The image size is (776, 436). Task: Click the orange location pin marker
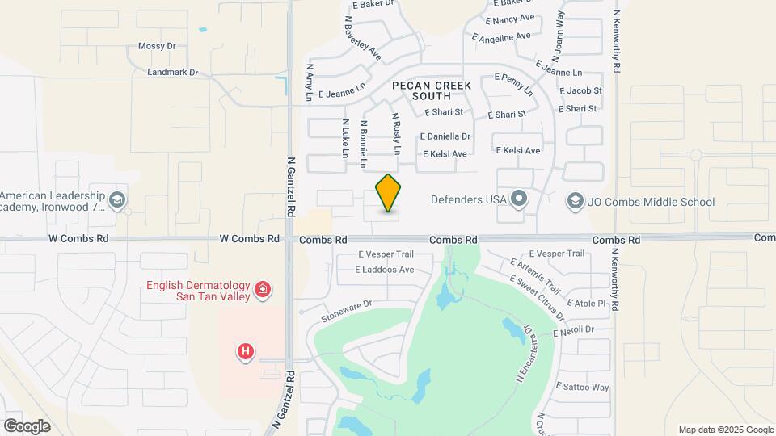point(389,194)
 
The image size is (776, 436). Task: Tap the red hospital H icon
point(246,351)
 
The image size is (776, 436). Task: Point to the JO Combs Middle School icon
point(576,200)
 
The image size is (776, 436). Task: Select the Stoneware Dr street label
point(345,311)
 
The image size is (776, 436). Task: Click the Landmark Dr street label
point(173,73)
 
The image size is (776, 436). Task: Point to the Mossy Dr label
point(157,47)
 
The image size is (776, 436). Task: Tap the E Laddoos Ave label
point(386,270)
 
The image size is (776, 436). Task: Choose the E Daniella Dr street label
point(445,136)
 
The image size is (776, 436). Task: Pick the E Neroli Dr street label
point(574,329)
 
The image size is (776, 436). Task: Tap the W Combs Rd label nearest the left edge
point(78,239)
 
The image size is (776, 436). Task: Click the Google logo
point(27,426)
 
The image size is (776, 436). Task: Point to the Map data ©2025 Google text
point(725,430)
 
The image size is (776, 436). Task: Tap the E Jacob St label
point(580,91)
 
